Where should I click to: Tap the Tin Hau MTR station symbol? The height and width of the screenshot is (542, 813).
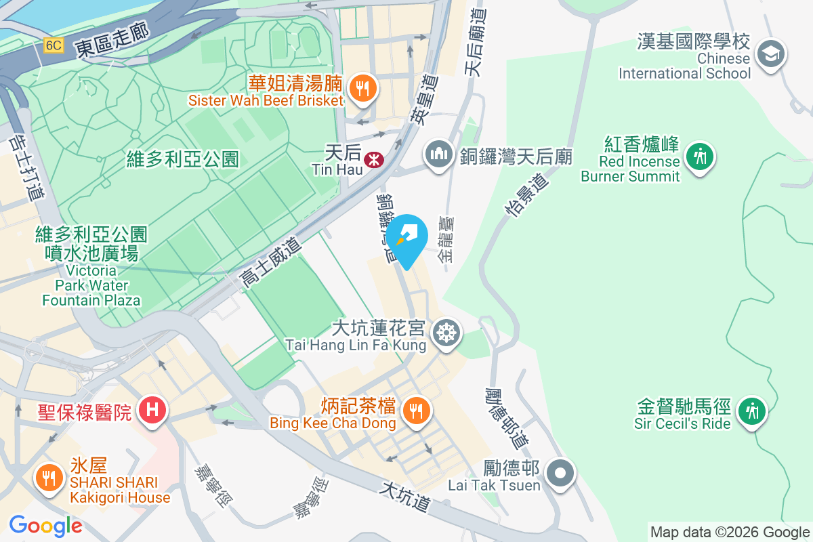coord(372,160)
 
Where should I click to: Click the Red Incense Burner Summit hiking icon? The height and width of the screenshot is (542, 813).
coord(700,157)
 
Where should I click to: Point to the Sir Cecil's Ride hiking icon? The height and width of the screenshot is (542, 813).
coord(751,411)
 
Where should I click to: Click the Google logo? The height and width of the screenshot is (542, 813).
coord(45,526)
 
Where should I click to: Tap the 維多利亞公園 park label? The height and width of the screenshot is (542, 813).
coord(183,159)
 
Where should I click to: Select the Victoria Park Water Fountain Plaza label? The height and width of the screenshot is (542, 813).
coord(91,267)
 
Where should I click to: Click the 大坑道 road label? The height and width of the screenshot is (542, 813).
coord(406,497)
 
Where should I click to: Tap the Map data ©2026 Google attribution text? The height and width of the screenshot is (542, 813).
coord(730,532)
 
